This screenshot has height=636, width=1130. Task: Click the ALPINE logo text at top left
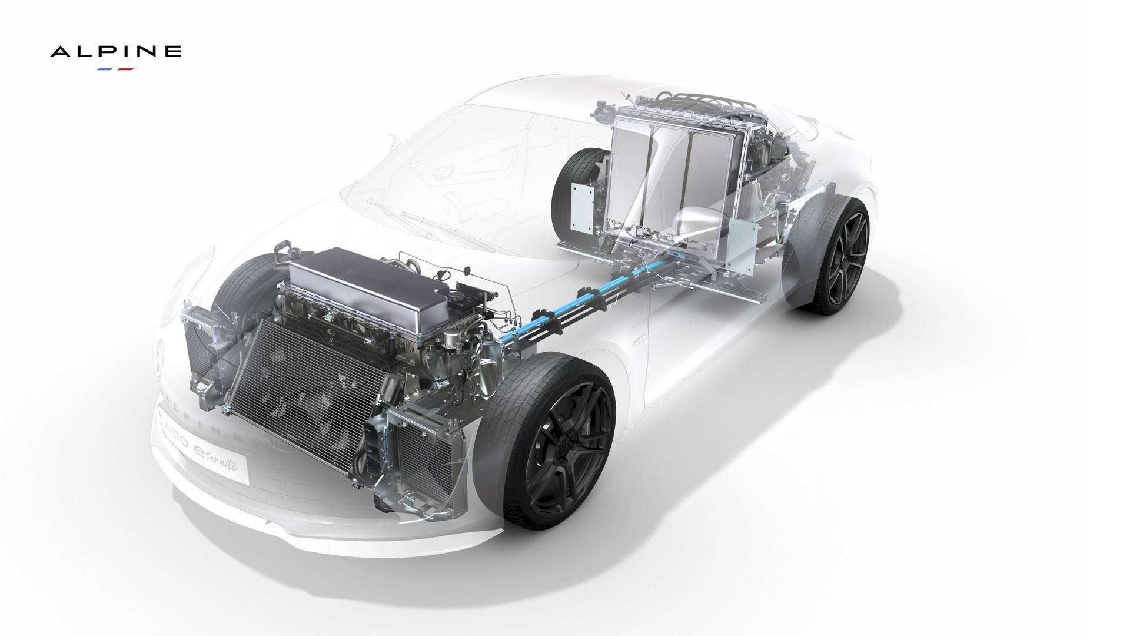(x=115, y=52)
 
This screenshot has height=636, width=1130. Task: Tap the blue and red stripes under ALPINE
(x=115, y=69)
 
